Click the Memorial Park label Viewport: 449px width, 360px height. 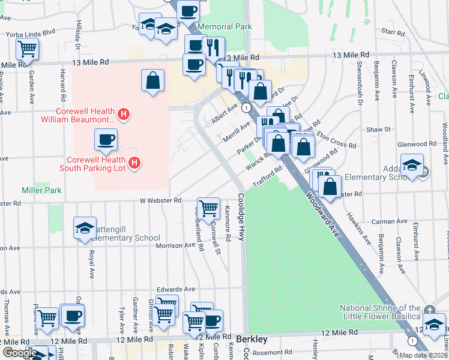pyautogui.click(x=224, y=27)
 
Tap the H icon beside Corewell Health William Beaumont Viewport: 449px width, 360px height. pyautogui.click(x=124, y=113)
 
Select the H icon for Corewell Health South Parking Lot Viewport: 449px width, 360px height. pyautogui.click(x=135, y=163)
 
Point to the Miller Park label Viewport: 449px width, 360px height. pyautogui.click(x=42, y=190)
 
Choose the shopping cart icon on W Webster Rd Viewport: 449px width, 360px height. pyautogui.click(x=208, y=208)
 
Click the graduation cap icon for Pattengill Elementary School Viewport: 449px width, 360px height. pyautogui.click(x=85, y=227)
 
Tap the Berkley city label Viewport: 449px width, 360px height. pyautogui.click(x=251, y=339)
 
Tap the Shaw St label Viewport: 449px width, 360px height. pyautogui.click(x=379, y=129)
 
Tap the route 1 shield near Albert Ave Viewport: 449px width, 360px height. pyautogui.click(x=246, y=107)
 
